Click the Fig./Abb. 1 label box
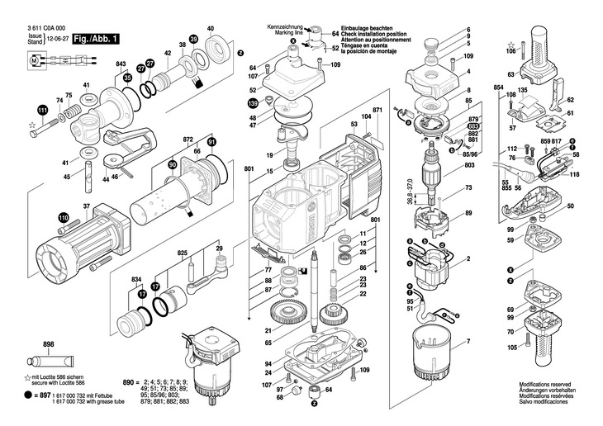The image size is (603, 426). click(97, 38)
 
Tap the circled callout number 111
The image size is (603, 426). click(41, 110)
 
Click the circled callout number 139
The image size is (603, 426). click(253, 103)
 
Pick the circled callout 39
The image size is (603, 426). click(193, 39)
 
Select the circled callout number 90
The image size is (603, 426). click(172, 166)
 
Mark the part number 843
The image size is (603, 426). click(121, 64)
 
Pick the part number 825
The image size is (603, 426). click(183, 253)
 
